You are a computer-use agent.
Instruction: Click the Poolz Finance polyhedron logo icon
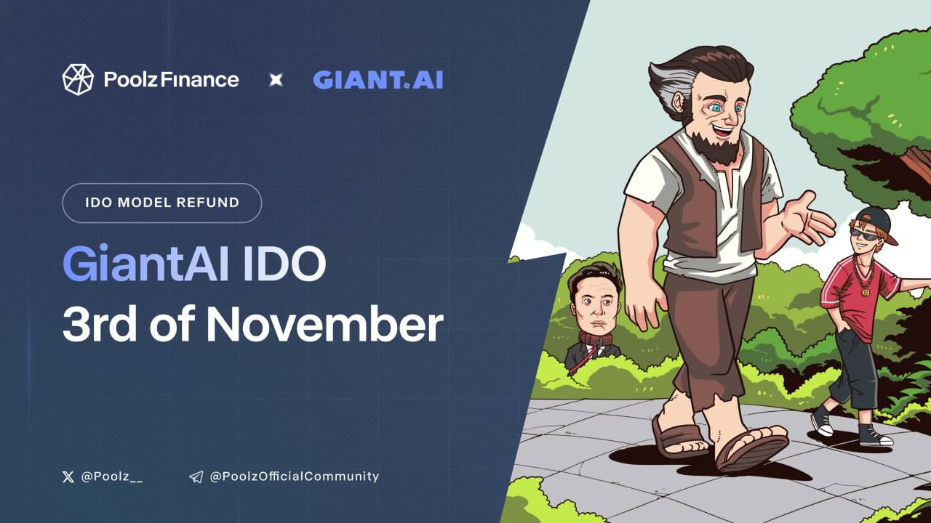tap(78, 80)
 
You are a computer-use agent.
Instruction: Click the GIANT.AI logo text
tap(377, 80)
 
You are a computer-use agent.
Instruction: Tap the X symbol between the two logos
tap(276, 80)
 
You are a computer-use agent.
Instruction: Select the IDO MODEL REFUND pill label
tap(162, 203)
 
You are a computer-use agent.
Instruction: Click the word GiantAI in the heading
tap(146, 264)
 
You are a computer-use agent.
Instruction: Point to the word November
tap(325, 324)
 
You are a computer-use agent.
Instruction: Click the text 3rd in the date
tap(100, 324)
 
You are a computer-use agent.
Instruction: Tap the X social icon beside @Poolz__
tap(68, 477)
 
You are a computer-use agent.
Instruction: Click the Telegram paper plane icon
tap(196, 477)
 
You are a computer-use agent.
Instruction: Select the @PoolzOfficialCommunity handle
tap(295, 477)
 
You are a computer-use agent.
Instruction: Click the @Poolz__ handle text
tap(112, 477)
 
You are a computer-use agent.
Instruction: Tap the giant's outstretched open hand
tap(808, 220)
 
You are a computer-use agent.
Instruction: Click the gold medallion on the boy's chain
tap(866, 292)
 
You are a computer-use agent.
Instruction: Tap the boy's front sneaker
tap(876, 435)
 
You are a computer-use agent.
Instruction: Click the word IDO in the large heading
tap(284, 264)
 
